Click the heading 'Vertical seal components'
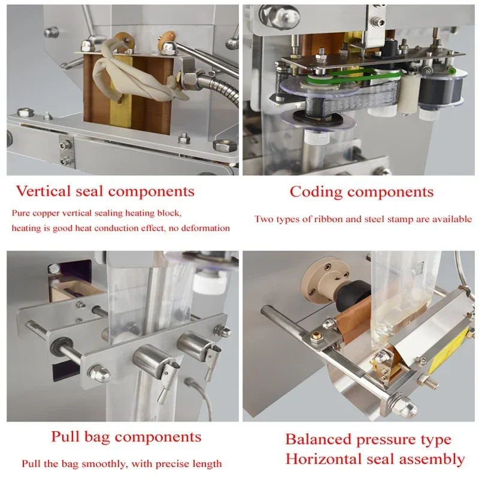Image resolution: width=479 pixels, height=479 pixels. (x=105, y=192)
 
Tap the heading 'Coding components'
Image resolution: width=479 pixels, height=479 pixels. (x=362, y=192)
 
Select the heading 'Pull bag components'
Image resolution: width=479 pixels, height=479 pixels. (x=126, y=436)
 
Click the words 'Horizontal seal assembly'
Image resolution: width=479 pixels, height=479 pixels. (x=375, y=459)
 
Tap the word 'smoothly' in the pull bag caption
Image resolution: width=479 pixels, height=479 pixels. (x=86, y=464)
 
